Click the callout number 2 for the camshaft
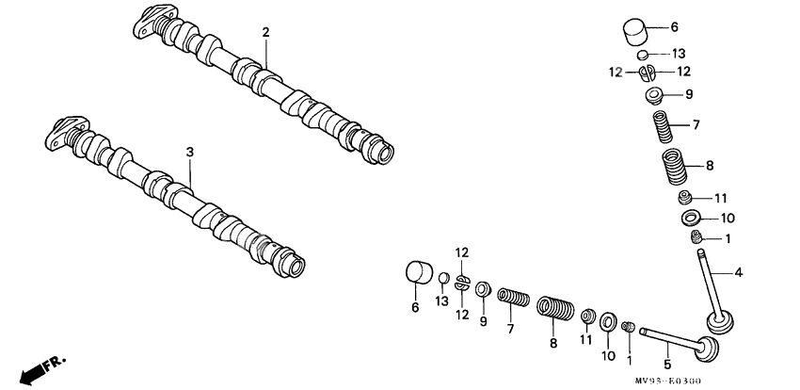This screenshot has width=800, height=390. point(266,32)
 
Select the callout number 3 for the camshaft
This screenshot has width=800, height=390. point(189,151)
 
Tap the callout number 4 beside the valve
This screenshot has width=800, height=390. point(739,273)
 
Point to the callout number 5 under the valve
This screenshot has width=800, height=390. point(666,365)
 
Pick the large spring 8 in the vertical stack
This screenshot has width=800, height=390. point(673,167)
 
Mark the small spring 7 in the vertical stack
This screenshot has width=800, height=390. point(664,124)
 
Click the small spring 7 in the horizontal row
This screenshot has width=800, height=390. point(510,301)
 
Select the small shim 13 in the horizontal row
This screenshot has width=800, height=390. point(442,279)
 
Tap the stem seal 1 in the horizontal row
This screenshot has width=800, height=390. point(630,326)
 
